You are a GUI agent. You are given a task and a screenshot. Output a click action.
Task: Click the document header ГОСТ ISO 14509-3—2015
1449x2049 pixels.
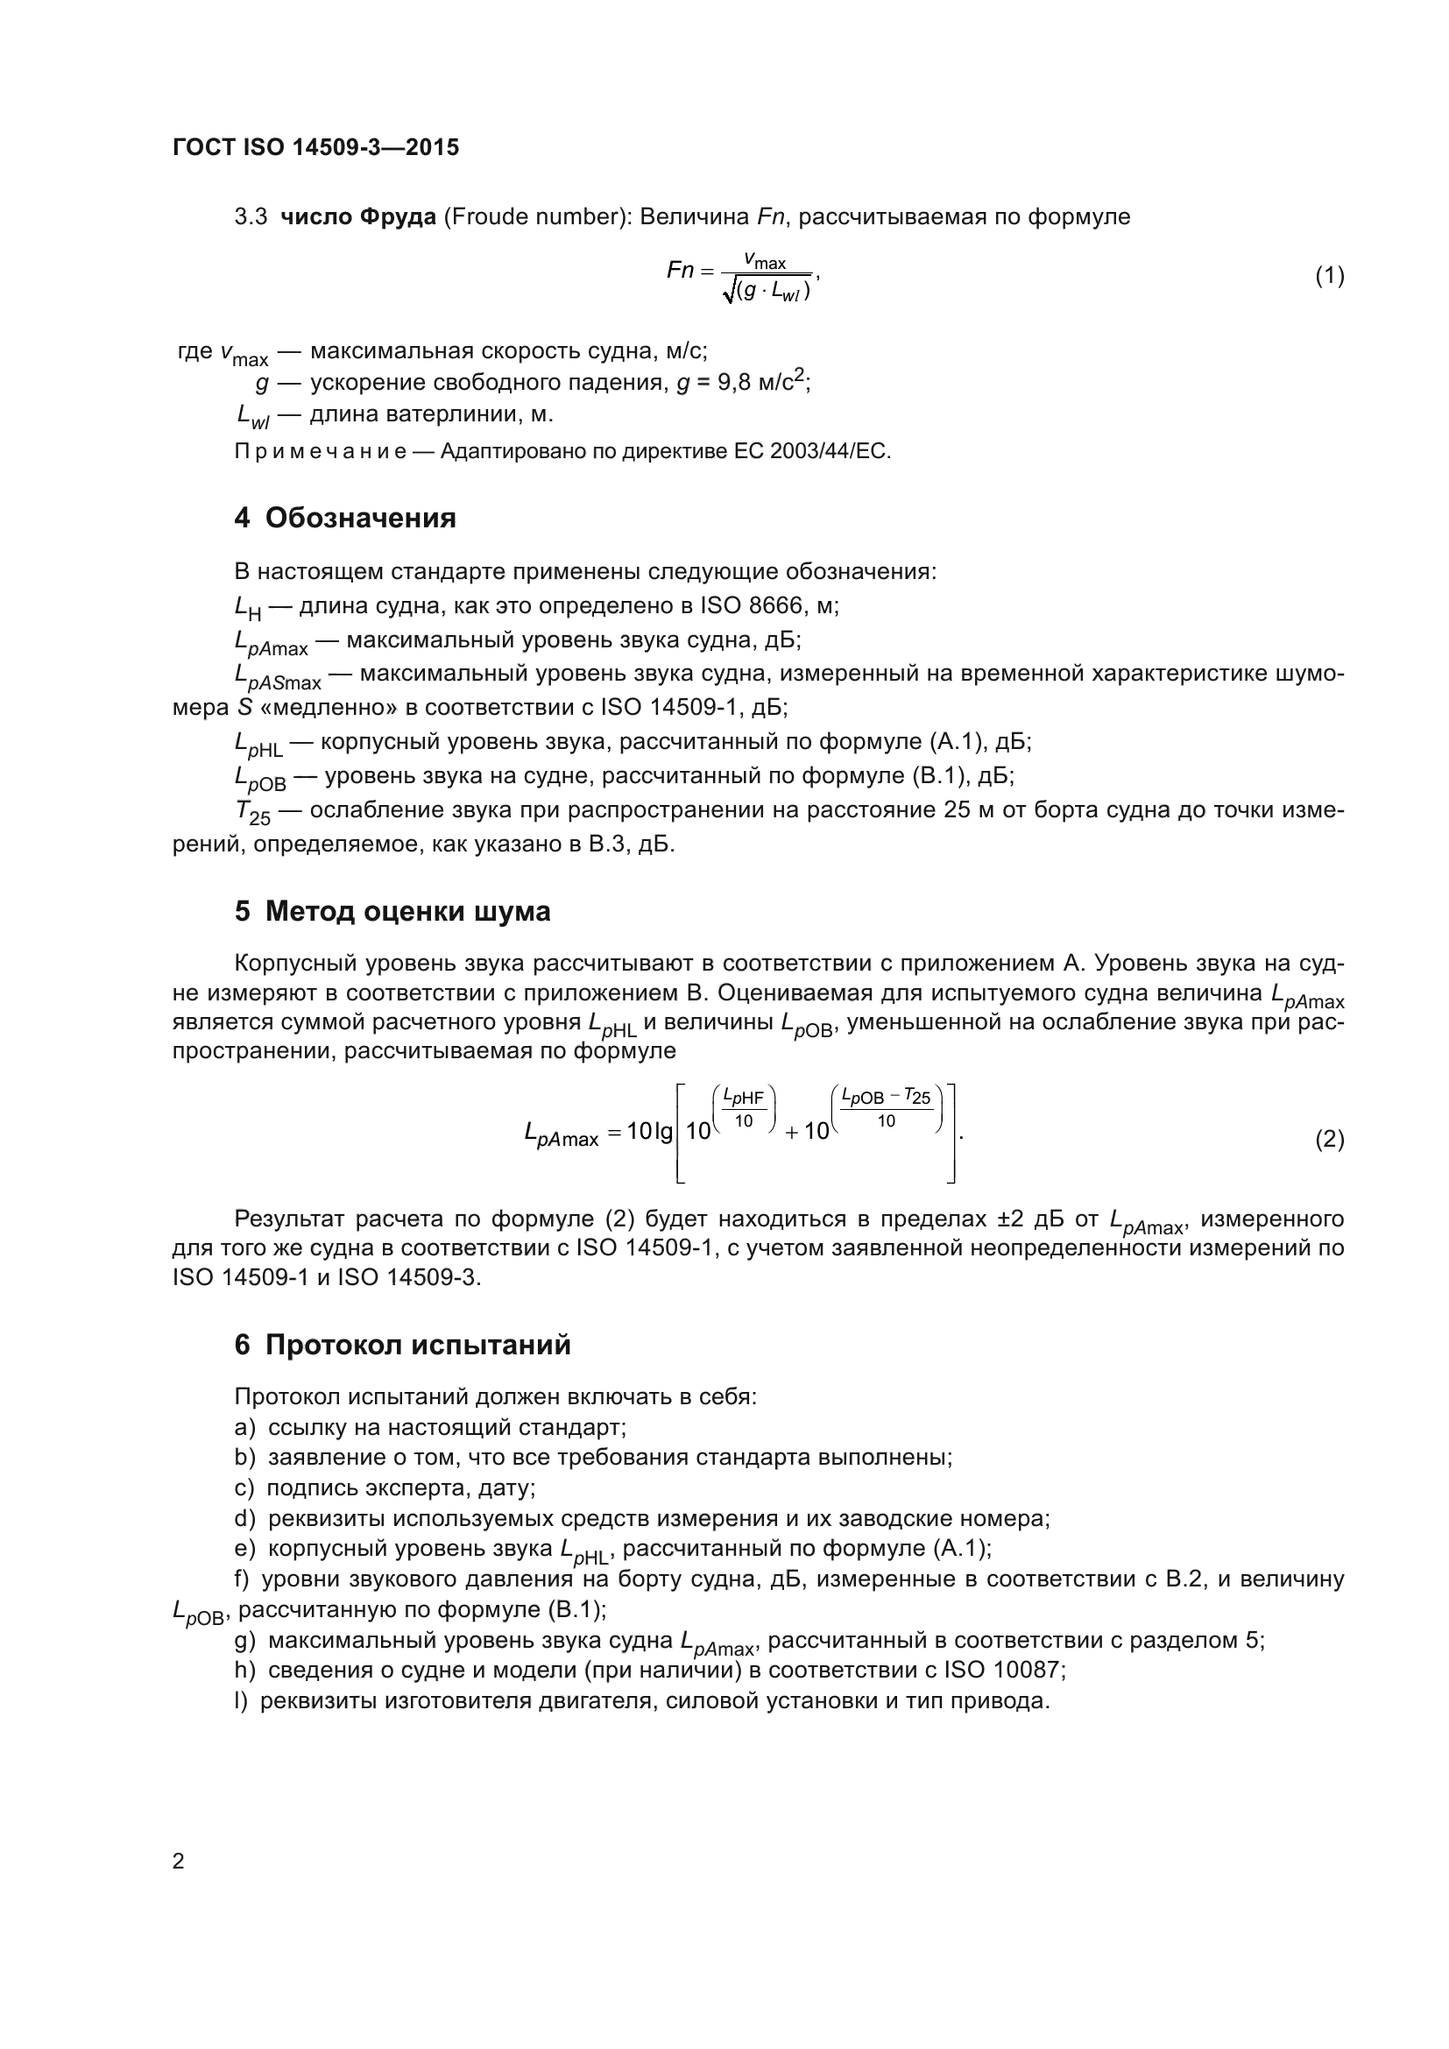(x=316, y=147)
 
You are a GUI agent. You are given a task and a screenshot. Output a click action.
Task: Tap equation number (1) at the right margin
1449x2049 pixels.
(x=1329, y=276)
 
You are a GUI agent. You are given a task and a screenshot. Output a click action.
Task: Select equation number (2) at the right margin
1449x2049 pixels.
(x=1329, y=1140)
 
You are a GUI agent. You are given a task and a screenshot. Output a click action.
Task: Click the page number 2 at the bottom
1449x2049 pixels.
(x=179, y=1861)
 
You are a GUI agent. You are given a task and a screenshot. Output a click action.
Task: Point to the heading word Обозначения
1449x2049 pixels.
(x=360, y=518)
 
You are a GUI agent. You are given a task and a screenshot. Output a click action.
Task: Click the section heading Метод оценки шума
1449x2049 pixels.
(x=407, y=911)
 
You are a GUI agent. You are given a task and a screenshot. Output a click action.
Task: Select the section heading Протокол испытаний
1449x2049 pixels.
(x=418, y=1344)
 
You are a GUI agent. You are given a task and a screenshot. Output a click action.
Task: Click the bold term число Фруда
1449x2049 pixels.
(x=357, y=217)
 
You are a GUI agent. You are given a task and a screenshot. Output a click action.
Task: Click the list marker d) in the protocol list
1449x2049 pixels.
(x=244, y=1518)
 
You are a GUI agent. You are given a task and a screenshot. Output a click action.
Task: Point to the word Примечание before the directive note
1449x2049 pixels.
(x=321, y=451)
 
